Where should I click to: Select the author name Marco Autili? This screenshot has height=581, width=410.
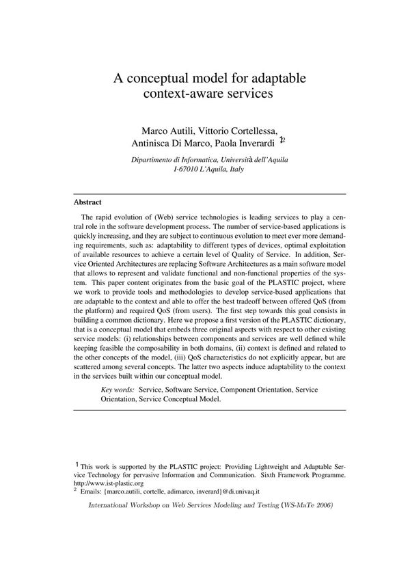point(165,130)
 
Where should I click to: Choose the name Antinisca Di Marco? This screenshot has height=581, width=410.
point(171,143)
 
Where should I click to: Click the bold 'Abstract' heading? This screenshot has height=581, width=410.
point(87,202)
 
